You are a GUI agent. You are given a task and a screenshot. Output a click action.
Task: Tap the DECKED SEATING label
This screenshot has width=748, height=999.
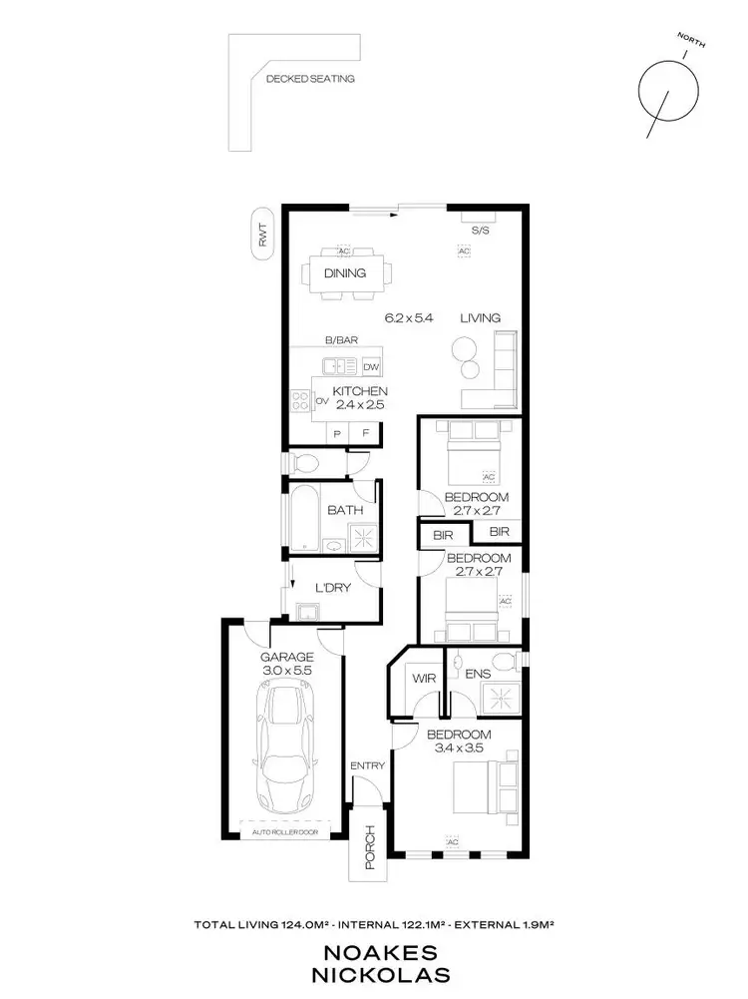(x=309, y=78)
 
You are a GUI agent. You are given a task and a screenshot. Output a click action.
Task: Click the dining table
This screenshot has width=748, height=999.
(x=345, y=272)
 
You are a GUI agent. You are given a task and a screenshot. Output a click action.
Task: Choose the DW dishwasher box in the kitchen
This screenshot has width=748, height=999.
(x=371, y=366)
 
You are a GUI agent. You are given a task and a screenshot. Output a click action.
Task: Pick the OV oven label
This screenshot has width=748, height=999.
(x=322, y=401)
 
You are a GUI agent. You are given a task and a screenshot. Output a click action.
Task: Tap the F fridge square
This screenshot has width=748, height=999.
(x=366, y=435)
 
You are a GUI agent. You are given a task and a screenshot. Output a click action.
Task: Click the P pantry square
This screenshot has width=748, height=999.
(x=337, y=435)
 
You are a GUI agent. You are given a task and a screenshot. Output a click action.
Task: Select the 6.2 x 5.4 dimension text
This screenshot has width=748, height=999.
(x=409, y=318)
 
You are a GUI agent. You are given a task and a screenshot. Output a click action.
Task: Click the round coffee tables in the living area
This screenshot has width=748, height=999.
(x=467, y=356)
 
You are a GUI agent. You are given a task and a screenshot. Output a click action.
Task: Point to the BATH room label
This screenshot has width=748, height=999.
(x=344, y=511)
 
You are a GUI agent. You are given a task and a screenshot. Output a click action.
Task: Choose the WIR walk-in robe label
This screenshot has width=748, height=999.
(x=424, y=679)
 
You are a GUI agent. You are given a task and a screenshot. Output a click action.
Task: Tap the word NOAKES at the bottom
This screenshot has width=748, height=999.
(x=374, y=953)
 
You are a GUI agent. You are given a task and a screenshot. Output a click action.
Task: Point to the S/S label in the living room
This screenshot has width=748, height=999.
(x=480, y=231)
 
